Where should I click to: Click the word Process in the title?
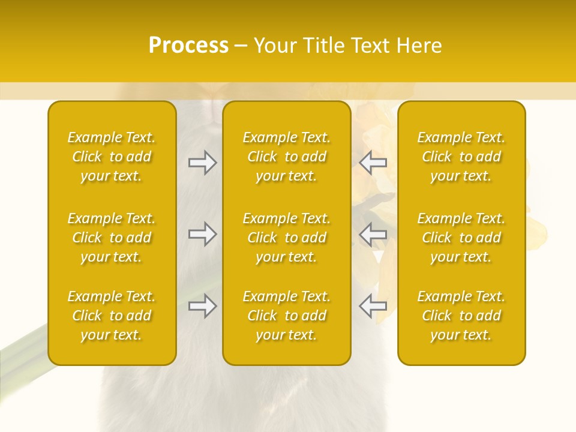pos(188,46)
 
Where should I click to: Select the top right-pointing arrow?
pos(202,163)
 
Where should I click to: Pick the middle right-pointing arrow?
pos(202,234)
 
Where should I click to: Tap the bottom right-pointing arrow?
pos(202,306)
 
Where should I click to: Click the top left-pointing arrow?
pos(373,163)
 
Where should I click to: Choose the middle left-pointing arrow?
pos(373,234)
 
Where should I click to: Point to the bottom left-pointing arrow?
pos(373,306)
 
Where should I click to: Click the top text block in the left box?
pos(112,157)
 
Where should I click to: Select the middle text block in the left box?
pos(112,238)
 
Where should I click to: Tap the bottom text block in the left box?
pos(112,316)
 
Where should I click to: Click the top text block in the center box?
pos(286,157)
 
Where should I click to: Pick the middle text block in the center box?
pos(286,238)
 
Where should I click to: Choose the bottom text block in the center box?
pos(286,316)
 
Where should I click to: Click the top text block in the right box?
pos(461,157)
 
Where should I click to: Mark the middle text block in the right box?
pos(461,238)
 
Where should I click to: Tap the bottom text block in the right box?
pos(461,316)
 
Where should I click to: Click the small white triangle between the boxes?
pos(378,257)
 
